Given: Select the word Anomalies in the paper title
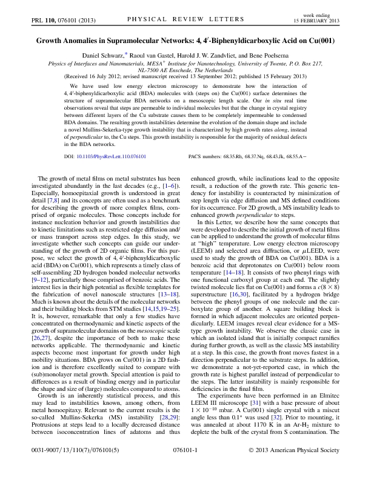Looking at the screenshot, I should pyautogui.click(x=93, y=43).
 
